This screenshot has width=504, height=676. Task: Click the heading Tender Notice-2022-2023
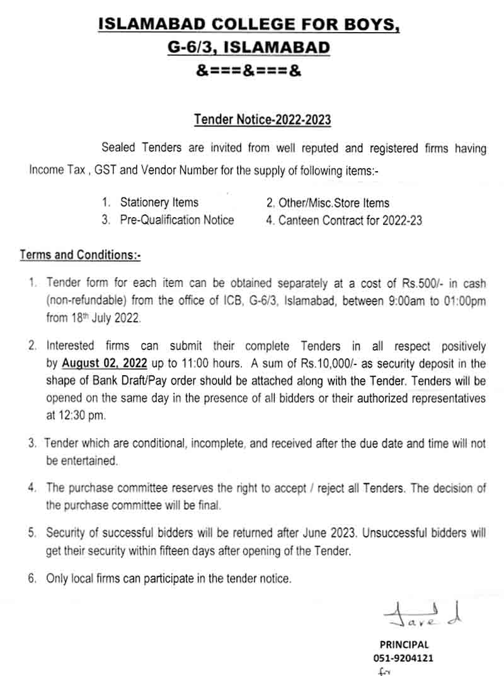coord(262,120)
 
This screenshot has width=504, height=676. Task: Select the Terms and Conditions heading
coord(81,255)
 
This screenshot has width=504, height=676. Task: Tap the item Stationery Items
coord(159,203)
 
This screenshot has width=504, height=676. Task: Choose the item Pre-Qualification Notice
coord(177,220)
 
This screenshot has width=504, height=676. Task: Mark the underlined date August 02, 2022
coord(105,363)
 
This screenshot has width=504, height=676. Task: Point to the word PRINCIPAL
coord(404,645)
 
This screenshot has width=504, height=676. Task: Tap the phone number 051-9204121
coord(404,658)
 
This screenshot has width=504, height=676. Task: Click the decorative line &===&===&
coord(249,71)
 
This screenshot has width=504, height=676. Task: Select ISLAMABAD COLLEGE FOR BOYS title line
coord(249,25)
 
